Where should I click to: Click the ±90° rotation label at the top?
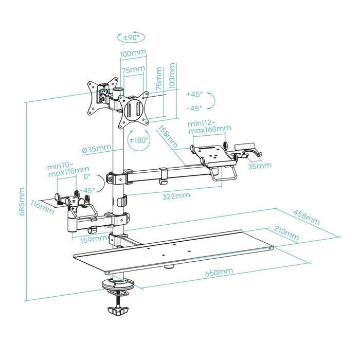[x=132, y=37]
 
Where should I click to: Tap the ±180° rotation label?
[x=138, y=140]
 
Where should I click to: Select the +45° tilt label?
[x=194, y=95]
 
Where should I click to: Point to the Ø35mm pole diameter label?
[x=97, y=150]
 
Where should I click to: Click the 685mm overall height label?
[x=21, y=202]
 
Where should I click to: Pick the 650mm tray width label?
[x=218, y=271]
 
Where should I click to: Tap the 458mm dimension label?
[x=305, y=217]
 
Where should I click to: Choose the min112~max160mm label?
[x=209, y=126]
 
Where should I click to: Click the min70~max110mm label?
[x=67, y=170]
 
